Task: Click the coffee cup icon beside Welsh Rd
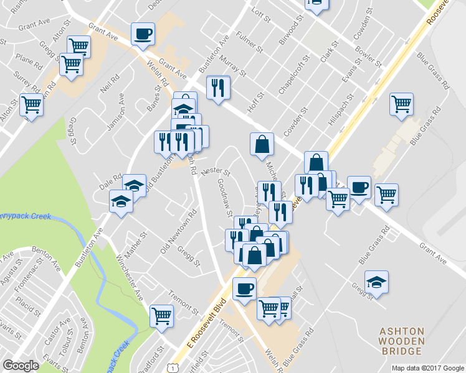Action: pyautogui.click(x=143, y=34)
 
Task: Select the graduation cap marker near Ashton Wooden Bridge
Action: pyautogui.click(x=376, y=282)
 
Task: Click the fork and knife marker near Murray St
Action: pyautogui.click(x=219, y=88)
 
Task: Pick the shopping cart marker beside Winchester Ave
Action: pyautogui.click(x=162, y=315)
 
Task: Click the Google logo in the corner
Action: pyautogui.click(x=21, y=366)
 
